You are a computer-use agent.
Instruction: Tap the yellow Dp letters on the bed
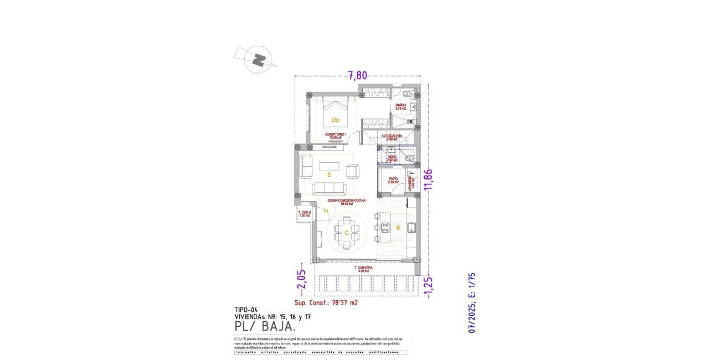tap(335, 120)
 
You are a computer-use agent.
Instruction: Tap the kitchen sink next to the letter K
tap(411, 227)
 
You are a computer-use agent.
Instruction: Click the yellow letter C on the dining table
tap(347, 233)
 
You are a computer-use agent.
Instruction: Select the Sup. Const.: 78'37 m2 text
tap(326, 303)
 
